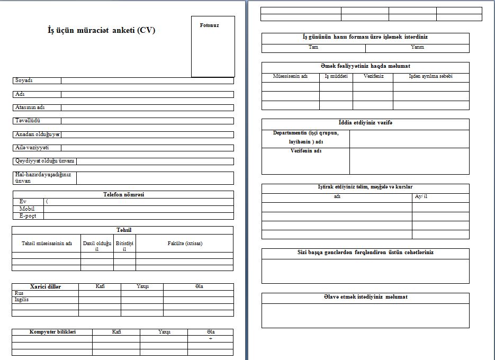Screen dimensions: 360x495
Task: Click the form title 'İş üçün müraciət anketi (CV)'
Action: [102, 31]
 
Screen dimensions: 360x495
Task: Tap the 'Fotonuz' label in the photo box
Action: [209, 25]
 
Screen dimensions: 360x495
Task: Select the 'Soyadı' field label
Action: [24, 80]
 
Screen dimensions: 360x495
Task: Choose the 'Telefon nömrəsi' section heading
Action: [123, 194]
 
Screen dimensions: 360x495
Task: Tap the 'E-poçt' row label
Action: [28, 216]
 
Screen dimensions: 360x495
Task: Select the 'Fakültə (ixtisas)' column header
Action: [185, 244]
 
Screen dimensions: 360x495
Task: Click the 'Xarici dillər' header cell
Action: [46, 286]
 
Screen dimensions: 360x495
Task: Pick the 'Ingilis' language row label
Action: [22, 300]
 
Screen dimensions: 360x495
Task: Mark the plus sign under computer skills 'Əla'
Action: [211, 338]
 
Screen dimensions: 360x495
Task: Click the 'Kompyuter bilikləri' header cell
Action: [52, 332]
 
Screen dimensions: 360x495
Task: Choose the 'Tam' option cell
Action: [313, 47]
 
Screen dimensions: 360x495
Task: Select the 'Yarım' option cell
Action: [417, 47]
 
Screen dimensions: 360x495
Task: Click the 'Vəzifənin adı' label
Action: [305, 151]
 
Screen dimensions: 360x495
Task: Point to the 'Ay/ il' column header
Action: [421, 196]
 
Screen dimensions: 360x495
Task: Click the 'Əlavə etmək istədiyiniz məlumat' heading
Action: [365, 297]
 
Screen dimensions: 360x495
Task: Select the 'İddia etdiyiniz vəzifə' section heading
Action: [365, 123]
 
